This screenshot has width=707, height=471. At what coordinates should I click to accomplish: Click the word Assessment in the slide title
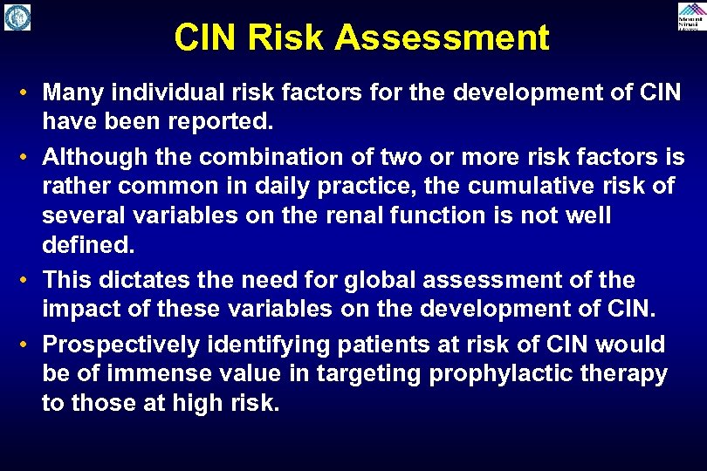tap(442, 38)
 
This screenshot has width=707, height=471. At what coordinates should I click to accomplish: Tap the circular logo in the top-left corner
tap(17, 17)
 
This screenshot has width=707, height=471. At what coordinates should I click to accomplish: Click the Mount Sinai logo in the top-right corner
tap(690, 17)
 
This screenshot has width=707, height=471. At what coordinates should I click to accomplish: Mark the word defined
tap(88, 245)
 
